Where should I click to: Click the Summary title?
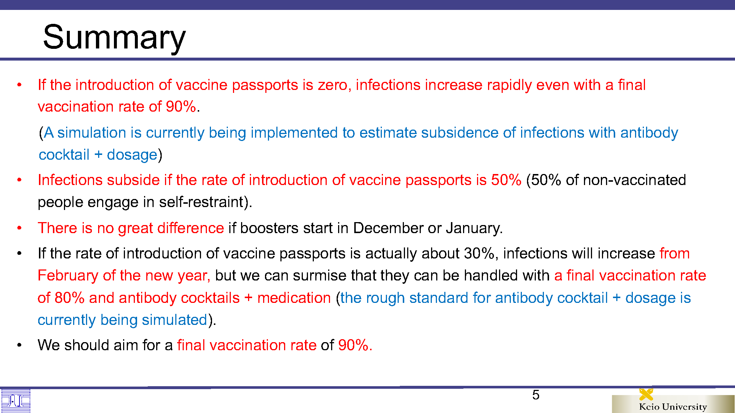tap(114, 37)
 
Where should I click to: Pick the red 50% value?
tap(506, 180)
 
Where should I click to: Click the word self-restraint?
tap(201, 202)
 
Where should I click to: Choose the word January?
tap(473, 228)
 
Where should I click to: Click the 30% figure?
tap(479, 253)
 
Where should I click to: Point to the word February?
tap(68, 275)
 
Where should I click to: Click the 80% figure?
tap(69, 298)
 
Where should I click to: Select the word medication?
tap(294, 298)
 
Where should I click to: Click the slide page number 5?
tap(536, 395)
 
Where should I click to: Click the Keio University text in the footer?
tap(673, 407)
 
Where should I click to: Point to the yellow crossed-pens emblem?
tap(646, 394)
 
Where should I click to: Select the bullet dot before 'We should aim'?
tap(19, 345)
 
